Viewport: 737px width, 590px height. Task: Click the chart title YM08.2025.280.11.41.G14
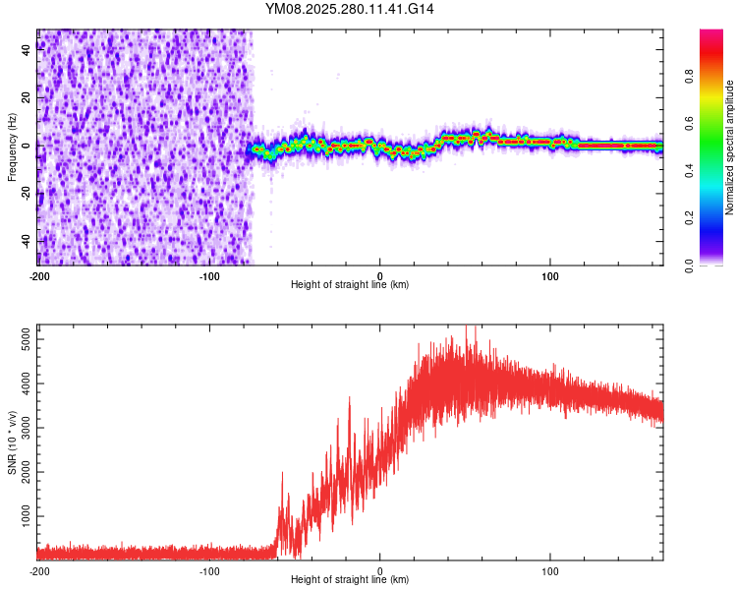click(351, 9)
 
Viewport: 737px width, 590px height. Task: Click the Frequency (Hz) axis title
click(13, 147)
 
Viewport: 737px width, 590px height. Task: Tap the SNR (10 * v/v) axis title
click(13, 442)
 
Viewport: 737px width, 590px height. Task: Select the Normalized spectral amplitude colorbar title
click(729, 147)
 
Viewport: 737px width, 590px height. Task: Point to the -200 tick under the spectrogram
click(39, 274)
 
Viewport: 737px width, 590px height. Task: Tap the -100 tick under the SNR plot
click(208, 570)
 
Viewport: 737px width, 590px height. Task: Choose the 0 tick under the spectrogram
click(380, 274)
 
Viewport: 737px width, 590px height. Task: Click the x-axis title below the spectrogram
click(350, 285)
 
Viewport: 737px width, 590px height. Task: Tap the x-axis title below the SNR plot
click(350, 580)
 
